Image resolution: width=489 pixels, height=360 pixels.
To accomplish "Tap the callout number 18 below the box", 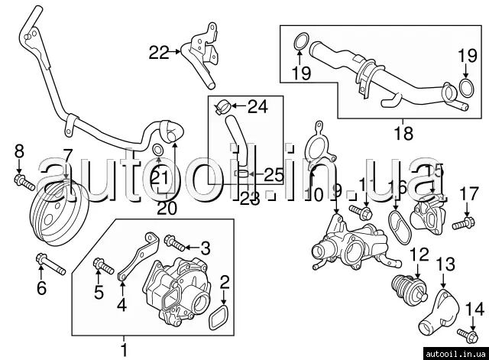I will click(x=403, y=133).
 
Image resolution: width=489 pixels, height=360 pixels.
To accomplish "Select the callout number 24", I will click(x=258, y=106).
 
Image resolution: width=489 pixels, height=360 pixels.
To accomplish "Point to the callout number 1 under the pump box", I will click(x=124, y=350).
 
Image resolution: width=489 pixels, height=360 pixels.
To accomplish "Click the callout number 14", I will click(x=474, y=309).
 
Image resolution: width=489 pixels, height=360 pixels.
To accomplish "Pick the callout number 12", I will click(x=420, y=254).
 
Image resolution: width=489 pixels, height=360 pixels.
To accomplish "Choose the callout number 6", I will click(x=42, y=288).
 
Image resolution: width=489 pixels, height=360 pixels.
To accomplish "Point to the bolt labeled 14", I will click(x=467, y=333).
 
